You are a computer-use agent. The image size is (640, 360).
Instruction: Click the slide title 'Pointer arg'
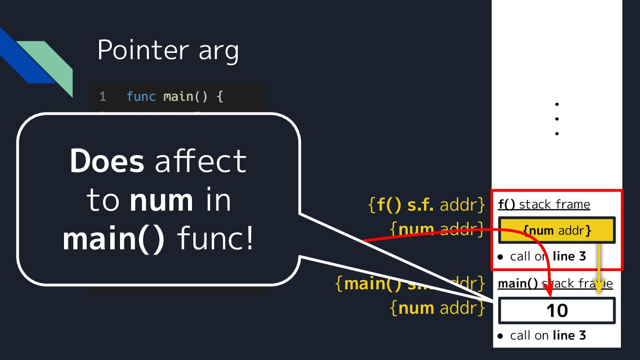(x=168, y=50)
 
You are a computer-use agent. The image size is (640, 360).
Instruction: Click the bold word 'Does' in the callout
(x=107, y=161)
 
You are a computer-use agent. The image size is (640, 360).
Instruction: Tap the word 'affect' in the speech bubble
(x=200, y=161)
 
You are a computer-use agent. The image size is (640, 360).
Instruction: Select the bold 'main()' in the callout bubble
(x=114, y=239)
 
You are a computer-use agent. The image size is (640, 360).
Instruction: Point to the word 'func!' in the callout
(x=215, y=239)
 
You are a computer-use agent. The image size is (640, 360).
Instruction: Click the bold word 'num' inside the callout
(x=161, y=200)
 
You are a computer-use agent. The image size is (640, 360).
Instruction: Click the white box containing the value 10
(x=557, y=310)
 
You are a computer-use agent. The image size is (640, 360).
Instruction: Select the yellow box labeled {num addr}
(x=557, y=231)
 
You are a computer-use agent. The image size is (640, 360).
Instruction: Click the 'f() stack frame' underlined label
(x=544, y=204)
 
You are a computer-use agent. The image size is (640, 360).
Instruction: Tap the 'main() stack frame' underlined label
(x=555, y=284)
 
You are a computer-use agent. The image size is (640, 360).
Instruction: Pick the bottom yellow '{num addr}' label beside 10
(x=437, y=308)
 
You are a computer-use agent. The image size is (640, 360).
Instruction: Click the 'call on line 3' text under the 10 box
(x=548, y=335)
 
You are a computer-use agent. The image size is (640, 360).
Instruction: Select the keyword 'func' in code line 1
(x=140, y=96)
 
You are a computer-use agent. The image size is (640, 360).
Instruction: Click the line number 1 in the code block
(x=103, y=96)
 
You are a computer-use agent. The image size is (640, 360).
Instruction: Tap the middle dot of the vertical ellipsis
(x=556, y=119)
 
